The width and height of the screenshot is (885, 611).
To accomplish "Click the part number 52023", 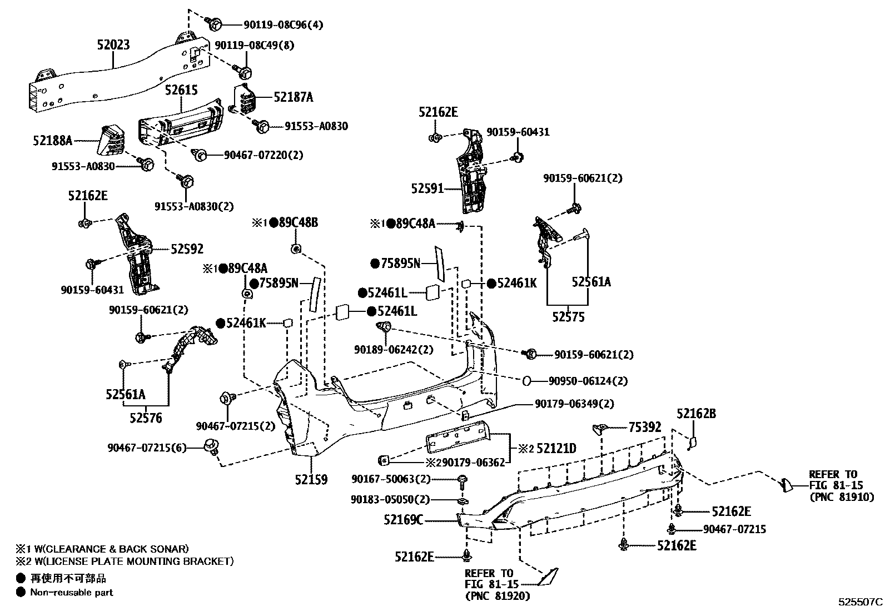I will click(113, 44).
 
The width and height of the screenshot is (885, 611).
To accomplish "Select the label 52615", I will click(181, 90).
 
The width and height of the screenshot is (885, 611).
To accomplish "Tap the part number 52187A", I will click(293, 97).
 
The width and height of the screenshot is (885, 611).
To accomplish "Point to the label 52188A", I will click(53, 140).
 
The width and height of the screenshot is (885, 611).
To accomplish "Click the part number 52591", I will click(427, 188).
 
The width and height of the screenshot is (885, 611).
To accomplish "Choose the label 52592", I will click(187, 250).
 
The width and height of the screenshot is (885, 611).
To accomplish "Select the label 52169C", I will click(403, 520).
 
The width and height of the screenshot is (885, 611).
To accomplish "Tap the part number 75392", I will click(645, 427).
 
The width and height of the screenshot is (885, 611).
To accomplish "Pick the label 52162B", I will click(696, 413).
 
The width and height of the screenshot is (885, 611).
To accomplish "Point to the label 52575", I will click(568, 317).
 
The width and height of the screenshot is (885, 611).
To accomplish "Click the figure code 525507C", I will click(861, 602).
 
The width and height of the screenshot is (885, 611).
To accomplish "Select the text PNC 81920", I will click(498, 596).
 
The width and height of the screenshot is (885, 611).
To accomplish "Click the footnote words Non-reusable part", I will click(72, 593).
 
